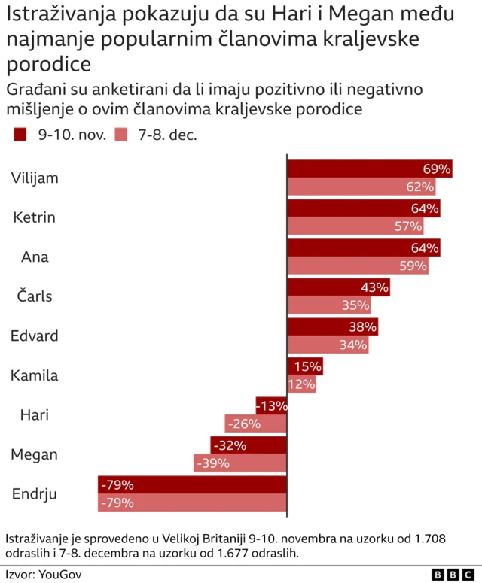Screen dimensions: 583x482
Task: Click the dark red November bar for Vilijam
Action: click(x=369, y=169)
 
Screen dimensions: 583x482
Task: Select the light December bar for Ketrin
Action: click(x=355, y=226)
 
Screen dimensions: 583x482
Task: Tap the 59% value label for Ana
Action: click(x=413, y=266)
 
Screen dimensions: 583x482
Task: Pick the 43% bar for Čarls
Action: click(x=338, y=287)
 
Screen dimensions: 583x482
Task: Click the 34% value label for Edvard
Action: click(x=353, y=345)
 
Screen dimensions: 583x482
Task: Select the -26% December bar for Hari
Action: click(x=255, y=424)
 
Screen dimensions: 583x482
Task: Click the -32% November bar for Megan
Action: click(x=249, y=445)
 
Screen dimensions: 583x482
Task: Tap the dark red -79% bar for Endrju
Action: click(x=192, y=484)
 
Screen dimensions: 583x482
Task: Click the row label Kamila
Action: click(x=34, y=375)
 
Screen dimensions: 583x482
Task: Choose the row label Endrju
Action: click(x=35, y=494)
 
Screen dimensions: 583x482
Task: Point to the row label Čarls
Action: click(x=35, y=296)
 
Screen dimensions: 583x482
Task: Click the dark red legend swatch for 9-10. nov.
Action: click(x=20, y=135)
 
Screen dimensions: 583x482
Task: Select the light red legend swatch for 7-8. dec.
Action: click(x=121, y=135)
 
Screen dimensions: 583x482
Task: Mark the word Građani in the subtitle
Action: click(x=35, y=90)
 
